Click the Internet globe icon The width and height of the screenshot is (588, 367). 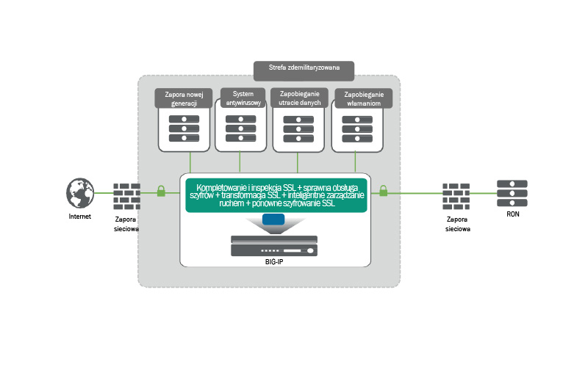79,193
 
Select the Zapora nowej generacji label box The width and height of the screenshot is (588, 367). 184,98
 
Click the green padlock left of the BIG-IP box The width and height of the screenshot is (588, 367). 162,192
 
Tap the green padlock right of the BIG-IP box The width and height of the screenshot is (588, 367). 383,192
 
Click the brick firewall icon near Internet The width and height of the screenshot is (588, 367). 126,195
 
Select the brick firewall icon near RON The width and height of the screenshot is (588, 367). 457,195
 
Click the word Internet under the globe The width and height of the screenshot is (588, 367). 80,217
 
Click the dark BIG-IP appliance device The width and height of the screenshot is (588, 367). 274,246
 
